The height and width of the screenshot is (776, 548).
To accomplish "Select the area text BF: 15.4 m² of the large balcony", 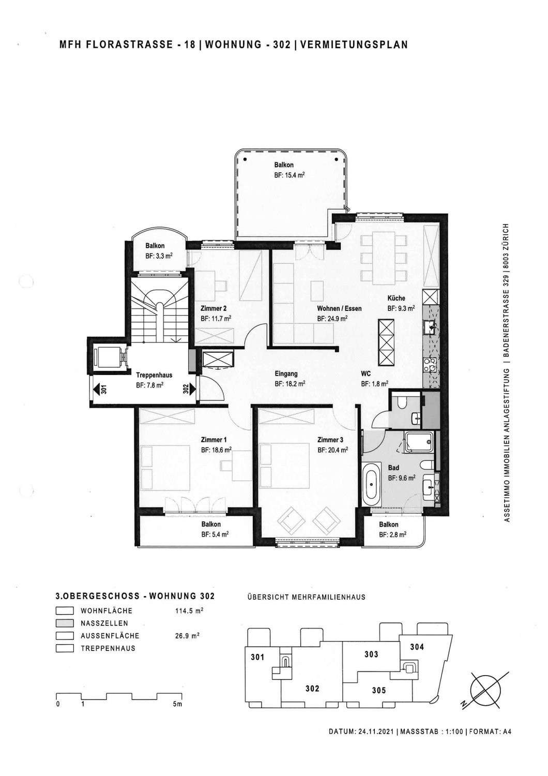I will pos(289,175).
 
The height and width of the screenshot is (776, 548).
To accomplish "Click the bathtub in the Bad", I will pos(371,484).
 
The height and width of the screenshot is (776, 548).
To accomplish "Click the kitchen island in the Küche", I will pos(386,342).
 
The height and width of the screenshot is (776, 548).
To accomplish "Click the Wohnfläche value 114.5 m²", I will pos(189,611).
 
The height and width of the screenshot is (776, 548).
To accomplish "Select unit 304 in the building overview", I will pos(417,647).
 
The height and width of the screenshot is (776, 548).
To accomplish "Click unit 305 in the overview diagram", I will pos(378,690).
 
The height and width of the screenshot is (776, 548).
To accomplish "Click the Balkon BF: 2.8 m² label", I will pos(389,530).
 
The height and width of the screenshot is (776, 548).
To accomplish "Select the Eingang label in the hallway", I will pos(286,374).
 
